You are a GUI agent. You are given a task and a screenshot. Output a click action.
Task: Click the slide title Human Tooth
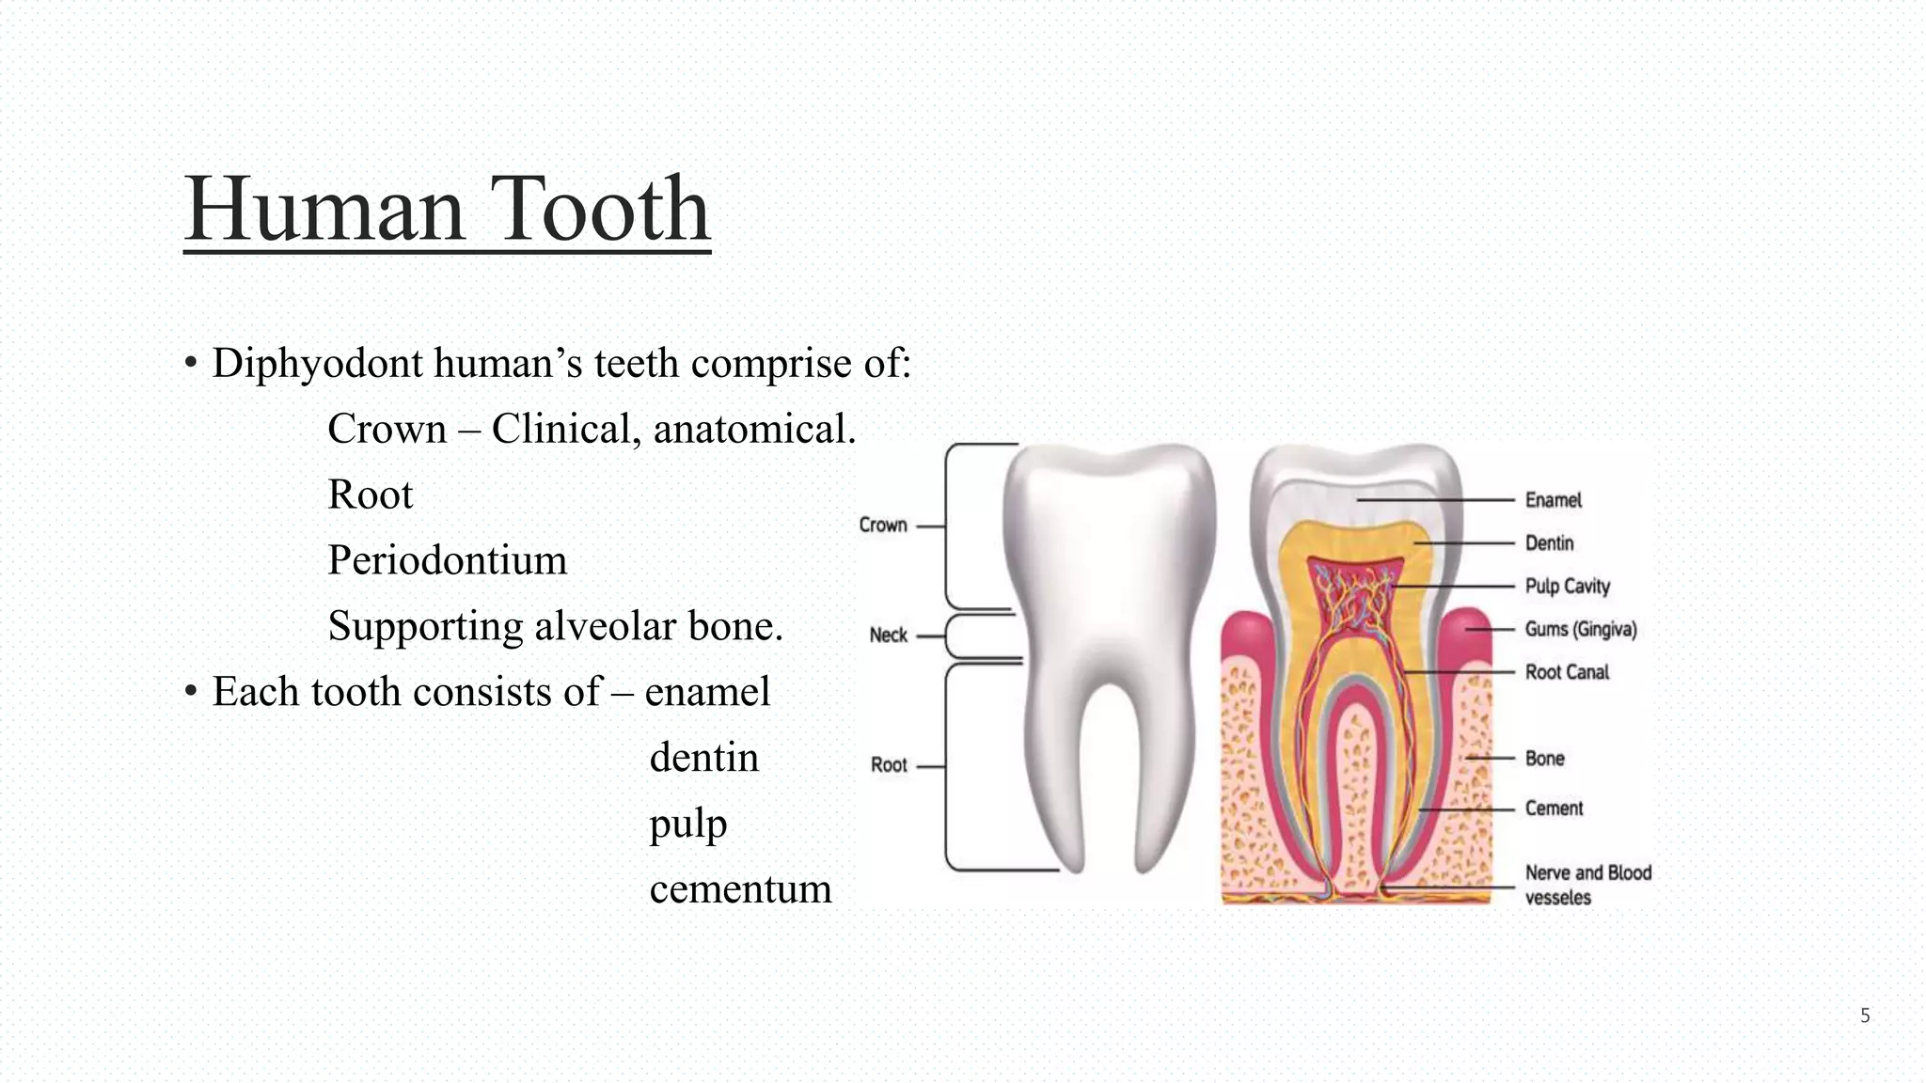point(447,209)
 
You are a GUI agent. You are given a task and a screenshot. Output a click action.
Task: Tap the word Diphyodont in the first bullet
point(317,364)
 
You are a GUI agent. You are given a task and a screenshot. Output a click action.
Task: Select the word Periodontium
point(447,560)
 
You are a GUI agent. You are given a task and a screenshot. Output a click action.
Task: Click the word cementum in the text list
point(740,889)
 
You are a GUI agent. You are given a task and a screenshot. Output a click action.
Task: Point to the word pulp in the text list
point(687,824)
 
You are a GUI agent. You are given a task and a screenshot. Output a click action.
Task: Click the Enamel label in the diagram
point(1553,500)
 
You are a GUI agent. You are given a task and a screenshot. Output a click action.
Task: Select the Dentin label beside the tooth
point(1549,543)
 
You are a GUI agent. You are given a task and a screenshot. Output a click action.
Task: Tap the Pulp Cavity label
point(1567,587)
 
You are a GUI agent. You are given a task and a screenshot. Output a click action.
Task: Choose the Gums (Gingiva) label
point(1580,630)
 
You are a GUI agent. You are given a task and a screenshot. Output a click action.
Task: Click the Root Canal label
point(1567,672)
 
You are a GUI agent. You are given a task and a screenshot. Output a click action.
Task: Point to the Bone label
point(1544,759)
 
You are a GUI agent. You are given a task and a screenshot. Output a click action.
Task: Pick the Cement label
point(1554,808)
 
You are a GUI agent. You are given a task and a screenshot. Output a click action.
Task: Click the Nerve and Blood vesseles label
point(1587,885)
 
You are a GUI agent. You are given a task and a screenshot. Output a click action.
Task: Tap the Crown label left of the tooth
point(882,526)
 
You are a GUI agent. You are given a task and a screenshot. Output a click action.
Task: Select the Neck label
point(888,636)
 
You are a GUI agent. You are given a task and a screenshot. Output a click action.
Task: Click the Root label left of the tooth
point(889,765)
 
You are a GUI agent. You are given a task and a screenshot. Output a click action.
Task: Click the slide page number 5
point(1865,1015)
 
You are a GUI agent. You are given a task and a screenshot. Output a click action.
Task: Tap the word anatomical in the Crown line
point(754,430)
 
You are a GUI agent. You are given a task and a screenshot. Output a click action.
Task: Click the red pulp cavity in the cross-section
point(1354,602)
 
